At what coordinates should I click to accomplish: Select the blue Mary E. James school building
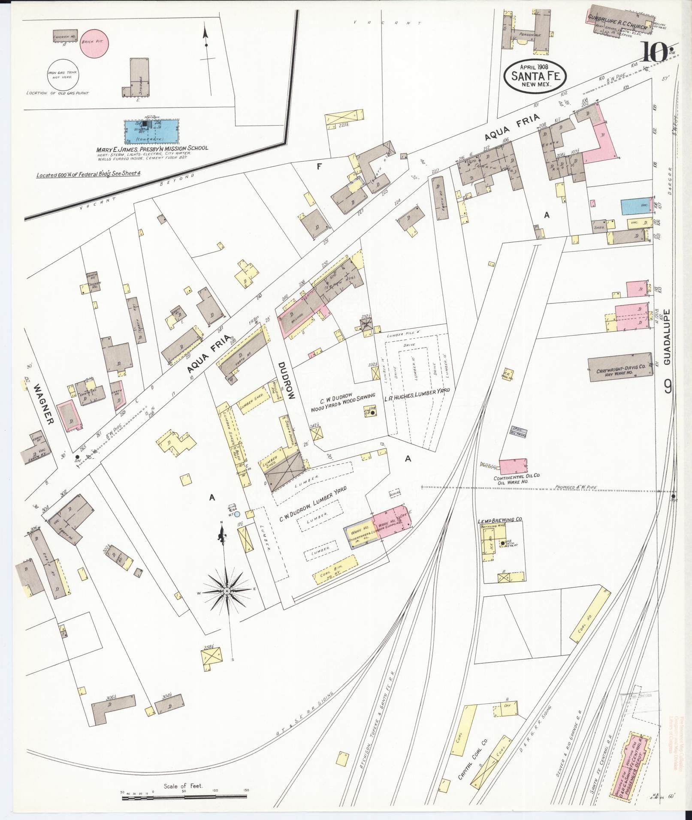coord(151,131)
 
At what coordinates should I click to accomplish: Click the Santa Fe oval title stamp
coord(535,75)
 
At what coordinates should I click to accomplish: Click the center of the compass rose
coord(226,591)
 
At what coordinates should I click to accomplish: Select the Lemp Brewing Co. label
coord(500,520)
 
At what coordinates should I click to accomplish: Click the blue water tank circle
coord(237,513)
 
